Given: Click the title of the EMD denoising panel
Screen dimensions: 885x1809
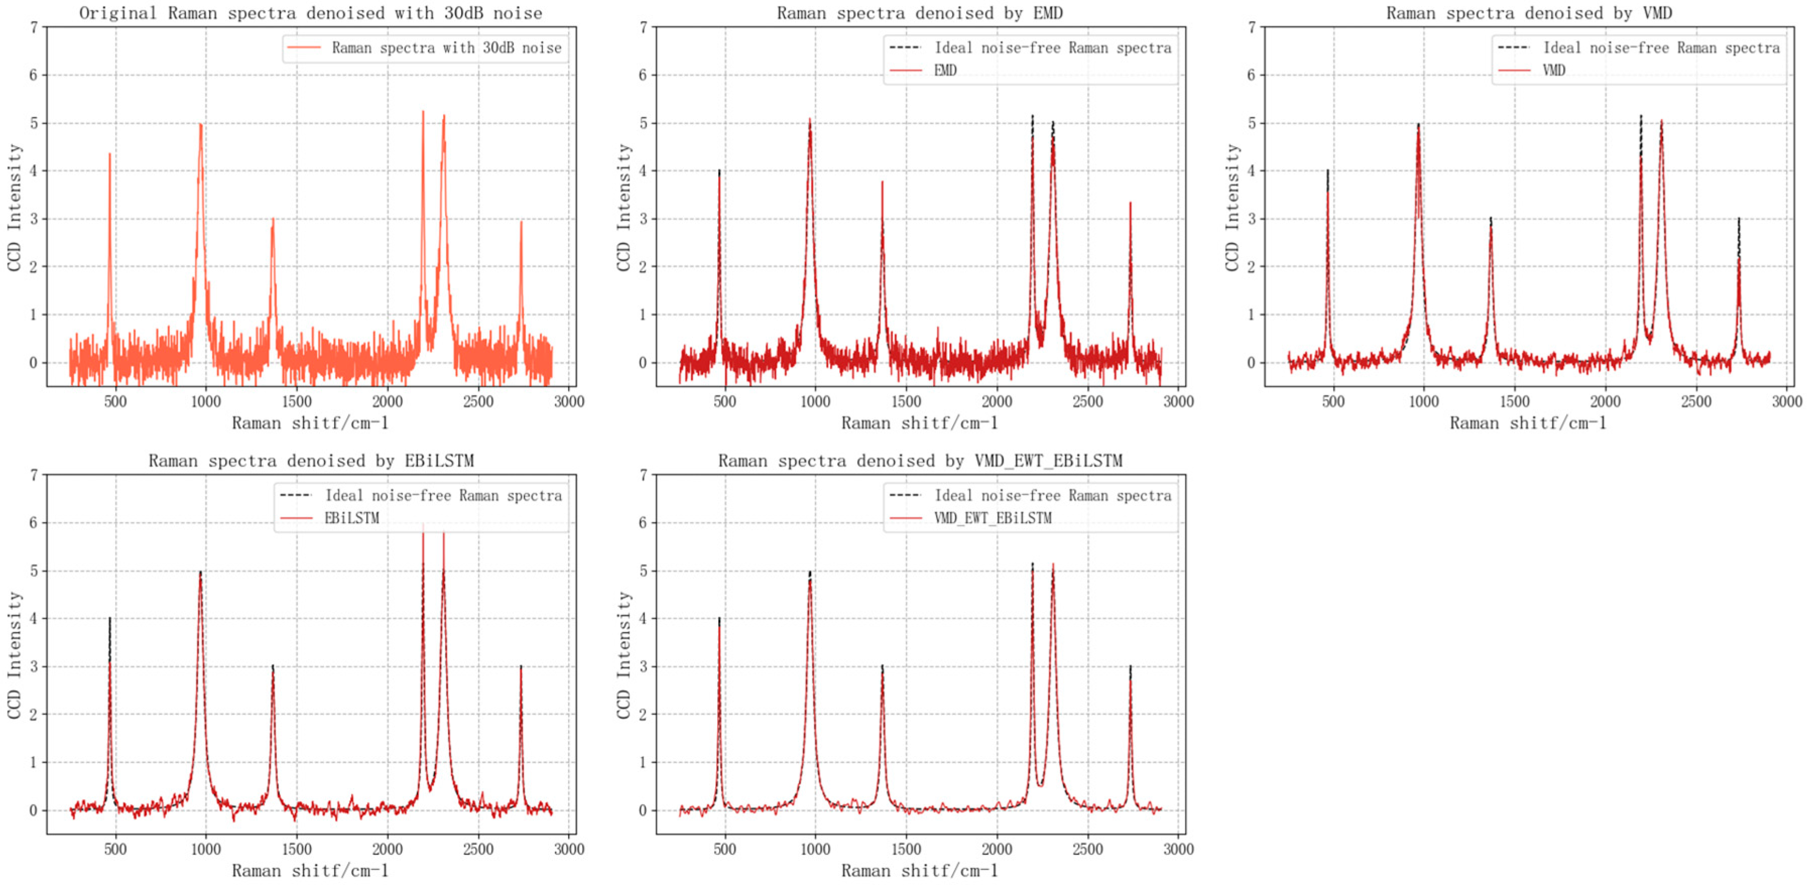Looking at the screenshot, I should [919, 13].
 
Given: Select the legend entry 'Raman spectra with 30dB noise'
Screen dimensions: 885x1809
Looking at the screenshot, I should [446, 48].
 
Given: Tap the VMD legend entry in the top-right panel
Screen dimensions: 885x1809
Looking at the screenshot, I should [1553, 70].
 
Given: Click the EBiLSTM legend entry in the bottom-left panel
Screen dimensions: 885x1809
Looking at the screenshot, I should [351, 518].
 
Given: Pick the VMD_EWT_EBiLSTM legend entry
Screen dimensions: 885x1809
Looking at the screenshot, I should [992, 518].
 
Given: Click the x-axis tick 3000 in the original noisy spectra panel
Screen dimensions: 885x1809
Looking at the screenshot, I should [569, 401].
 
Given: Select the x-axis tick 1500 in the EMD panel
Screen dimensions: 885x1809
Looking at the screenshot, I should [906, 401].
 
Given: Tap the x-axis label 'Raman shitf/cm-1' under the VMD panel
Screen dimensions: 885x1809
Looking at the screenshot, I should [1528, 423].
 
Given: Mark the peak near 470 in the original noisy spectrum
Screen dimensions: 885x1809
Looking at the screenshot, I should [109, 155].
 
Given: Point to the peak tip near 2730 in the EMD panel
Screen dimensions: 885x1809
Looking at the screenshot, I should [1131, 203].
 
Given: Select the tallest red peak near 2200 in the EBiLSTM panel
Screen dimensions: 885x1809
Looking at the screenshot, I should [423, 525].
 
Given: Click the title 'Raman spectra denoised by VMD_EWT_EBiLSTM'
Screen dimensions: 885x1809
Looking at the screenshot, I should [919, 461].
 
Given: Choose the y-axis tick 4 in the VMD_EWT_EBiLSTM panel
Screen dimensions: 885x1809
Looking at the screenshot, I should [642, 619].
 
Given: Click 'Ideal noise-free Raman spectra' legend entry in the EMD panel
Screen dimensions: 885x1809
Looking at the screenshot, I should [1052, 48].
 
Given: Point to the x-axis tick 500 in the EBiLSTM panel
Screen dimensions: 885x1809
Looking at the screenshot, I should [115, 849].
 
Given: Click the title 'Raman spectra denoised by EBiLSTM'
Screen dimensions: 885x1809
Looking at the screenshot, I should [310, 461].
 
